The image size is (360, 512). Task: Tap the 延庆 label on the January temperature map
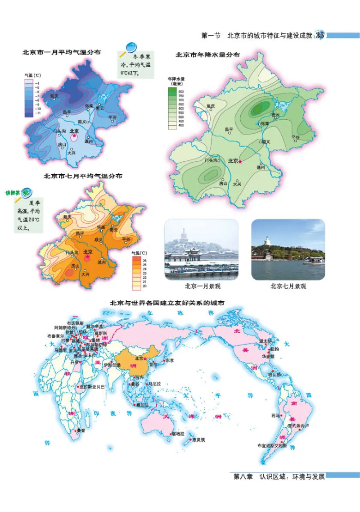click(x=54, y=95)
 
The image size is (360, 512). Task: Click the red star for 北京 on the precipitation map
click(x=240, y=161)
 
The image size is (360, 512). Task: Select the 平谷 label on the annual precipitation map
click(x=295, y=136)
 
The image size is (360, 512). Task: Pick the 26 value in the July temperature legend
click(x=144, y=261)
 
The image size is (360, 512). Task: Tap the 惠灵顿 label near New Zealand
click(x=198, y=440)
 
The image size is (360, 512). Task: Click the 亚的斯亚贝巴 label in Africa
click(x=93, y=386)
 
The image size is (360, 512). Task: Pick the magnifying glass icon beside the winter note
click(x=131, y=46)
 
